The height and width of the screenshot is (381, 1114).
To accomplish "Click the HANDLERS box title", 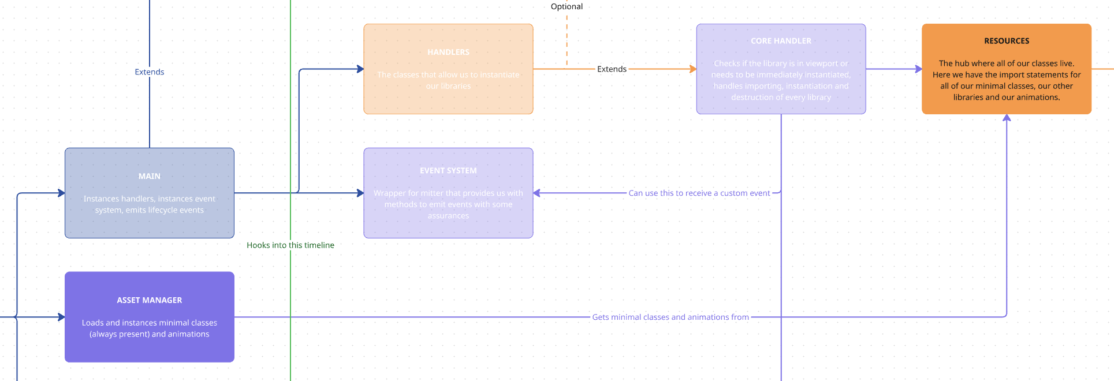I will [448, 52].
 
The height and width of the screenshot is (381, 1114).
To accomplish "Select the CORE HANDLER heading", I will [781, 41].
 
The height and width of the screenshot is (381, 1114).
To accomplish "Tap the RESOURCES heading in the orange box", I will [1007, 41].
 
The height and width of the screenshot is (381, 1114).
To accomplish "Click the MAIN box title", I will [150, 176].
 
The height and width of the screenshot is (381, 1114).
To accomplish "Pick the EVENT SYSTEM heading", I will [448, 171].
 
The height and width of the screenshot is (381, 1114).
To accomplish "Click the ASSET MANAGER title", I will [150, 300].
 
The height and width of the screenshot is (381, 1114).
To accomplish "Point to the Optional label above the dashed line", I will [567, 6].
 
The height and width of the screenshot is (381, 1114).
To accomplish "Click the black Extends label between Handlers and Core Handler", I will [612, 69].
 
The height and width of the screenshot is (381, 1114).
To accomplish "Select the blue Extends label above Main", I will [150, 72].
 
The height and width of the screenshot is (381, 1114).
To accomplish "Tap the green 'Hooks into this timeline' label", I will [290, 245].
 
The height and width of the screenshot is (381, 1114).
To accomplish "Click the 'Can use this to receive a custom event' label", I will [699, 193].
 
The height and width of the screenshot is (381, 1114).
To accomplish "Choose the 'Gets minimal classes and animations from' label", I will [670, 317].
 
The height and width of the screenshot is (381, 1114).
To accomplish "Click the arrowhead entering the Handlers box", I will [360, 69].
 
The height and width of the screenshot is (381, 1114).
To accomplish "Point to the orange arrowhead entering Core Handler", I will [693, 69].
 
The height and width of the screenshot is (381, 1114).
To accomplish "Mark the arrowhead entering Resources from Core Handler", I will [918, 69].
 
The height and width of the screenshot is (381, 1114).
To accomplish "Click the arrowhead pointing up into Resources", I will [1007, 118].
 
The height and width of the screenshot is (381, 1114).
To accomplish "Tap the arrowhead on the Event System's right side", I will [536, 193].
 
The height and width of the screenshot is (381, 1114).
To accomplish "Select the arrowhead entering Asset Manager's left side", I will [61, 317].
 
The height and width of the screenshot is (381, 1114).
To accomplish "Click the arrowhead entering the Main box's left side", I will [61, 193].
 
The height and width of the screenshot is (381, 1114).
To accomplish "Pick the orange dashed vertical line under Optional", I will [567, 40].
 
